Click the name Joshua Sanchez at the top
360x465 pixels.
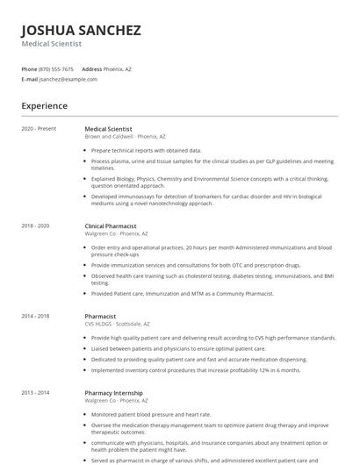81,31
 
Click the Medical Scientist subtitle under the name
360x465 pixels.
52,43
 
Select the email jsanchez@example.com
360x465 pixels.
68,79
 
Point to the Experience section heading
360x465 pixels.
45,106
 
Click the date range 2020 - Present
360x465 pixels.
39,129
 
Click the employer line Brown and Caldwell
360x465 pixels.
125,137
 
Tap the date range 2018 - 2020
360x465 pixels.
36,225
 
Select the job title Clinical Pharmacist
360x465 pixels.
111,225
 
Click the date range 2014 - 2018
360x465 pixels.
36,316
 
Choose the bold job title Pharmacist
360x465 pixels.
100,316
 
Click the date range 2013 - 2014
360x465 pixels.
36,392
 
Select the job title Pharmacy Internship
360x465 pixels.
113,392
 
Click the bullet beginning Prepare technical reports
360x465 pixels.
146,150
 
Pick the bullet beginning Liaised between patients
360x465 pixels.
184,348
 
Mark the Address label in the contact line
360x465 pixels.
91,68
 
